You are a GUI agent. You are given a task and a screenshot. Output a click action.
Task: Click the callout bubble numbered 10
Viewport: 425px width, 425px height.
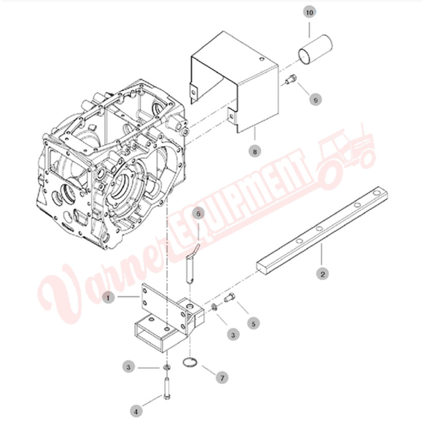click(x=309, y=12)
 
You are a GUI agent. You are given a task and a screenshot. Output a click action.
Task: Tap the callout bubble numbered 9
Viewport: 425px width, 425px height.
click(x=315, y=100)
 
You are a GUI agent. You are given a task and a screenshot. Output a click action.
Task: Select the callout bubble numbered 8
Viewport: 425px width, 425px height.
click(x=255, y=151)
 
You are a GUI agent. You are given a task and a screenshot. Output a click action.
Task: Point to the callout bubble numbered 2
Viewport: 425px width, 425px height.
click(x=322, y=274)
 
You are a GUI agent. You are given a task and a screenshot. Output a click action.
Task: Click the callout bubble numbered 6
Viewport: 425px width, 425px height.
click(x=198, y=214)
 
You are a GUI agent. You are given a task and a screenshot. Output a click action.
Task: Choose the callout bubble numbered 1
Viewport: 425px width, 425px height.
click(x=108, y=298)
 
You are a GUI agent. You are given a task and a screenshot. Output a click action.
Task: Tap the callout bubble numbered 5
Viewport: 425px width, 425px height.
click(x=253, y=324)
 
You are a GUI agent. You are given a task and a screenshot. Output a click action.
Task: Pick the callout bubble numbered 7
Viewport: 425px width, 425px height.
click(x=222, y=378)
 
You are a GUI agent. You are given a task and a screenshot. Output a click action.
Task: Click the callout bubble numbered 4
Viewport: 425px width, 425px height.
click(x=136, y=412)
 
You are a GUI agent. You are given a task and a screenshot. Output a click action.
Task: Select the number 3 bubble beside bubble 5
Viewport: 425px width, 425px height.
click(x=233, y=335)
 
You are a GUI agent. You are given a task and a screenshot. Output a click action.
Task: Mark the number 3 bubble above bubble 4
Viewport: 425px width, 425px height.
click(x=128, y=367)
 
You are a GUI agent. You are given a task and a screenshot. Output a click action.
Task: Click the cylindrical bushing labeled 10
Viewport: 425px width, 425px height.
click(x=315, y=50)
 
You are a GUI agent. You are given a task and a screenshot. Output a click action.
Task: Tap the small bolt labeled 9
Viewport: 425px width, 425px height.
click(x=291, y=79)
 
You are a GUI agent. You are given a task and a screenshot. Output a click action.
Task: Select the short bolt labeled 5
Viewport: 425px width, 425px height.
click(x=230, y=298)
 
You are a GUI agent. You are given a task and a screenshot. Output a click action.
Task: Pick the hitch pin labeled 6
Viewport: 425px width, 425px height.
click(x=191, y=267)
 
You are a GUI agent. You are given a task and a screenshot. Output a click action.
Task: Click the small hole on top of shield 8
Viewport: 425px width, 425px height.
click(x=261, y=59)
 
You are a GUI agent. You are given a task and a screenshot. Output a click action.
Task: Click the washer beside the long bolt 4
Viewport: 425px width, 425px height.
click(x=166, y=367)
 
